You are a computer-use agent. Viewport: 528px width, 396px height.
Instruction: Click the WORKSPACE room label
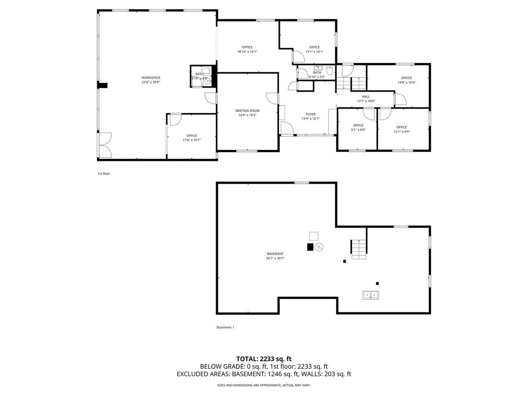point(150,78)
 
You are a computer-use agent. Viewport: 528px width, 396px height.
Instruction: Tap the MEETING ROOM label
point(247,111)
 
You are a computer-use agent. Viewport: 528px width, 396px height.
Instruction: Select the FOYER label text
point(311,114)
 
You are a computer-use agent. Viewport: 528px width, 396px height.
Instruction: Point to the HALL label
point(366,97)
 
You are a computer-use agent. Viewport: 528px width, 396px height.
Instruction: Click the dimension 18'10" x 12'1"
point(247,51)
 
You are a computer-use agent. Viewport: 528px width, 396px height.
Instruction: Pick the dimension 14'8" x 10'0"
point(407,82)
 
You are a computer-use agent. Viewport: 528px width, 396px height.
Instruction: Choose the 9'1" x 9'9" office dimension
point(358,130)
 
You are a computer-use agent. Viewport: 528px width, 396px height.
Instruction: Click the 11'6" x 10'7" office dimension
point(192,140)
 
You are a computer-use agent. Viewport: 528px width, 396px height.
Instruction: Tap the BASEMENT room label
point(275,254)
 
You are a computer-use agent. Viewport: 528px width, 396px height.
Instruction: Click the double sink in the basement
point(370,295)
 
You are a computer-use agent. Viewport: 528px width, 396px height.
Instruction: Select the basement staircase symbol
point(359,249)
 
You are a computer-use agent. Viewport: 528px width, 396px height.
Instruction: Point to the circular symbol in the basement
point(319,247)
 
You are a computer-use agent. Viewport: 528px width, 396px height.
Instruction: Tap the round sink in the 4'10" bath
point(208,81)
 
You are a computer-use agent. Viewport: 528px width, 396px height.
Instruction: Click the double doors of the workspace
point(105,145)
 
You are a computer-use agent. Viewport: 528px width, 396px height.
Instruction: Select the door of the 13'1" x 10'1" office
point(297,57)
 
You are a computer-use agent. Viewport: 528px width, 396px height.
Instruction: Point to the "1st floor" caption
point(104,174)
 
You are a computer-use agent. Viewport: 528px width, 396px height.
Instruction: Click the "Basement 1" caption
point(225,327)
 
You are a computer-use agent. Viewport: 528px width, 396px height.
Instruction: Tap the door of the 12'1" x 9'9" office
point(385,114)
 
